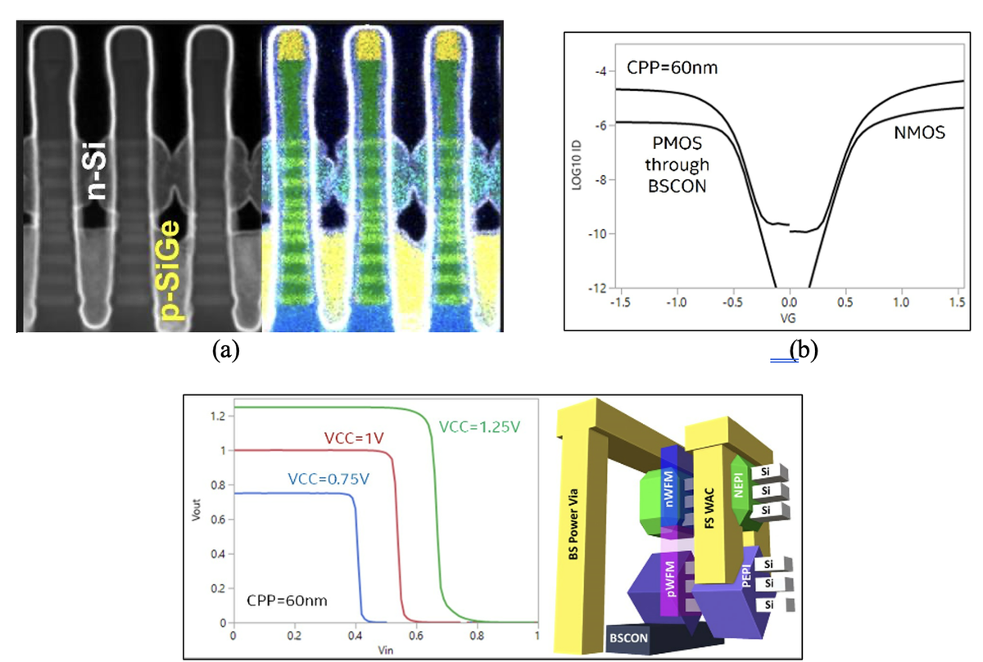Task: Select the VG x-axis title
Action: pos(790,322)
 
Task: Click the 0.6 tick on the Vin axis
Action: pos(416,636)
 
